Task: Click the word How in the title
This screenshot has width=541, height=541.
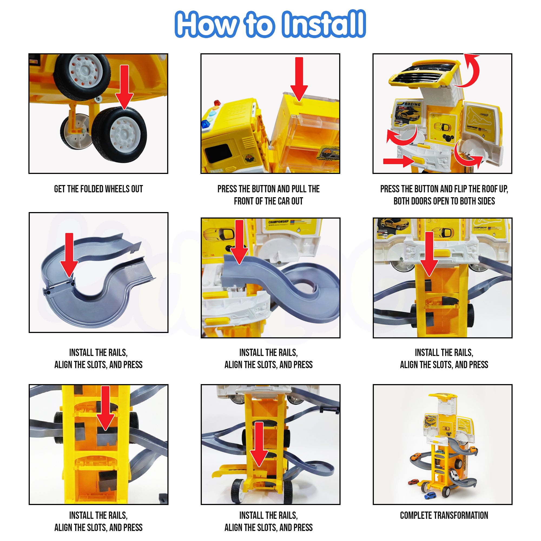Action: pos(207,24)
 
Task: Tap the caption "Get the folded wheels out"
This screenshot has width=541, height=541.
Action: pos(98,189)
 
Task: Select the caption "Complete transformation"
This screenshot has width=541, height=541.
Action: pos(444,515)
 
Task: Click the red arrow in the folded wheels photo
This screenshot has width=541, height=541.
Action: pos(124,87)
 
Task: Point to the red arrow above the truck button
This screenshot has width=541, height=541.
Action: pos(299,79)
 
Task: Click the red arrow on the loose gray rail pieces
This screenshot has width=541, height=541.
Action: pos(69,255)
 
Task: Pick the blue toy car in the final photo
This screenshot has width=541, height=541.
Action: pos(430,496)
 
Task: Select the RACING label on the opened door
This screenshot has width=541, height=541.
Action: pos(413,104)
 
